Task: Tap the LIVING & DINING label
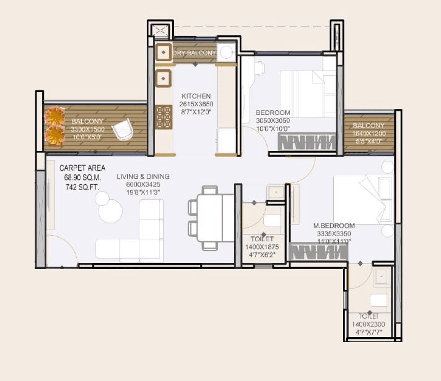point(143,176)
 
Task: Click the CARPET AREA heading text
point(82,168)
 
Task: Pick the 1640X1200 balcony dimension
point(369,133)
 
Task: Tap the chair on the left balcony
point(123,131)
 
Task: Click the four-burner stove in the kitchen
point(164,117)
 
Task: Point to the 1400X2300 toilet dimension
point(369,324)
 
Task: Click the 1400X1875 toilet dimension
point(262,247)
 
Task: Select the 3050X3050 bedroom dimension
point(273,121)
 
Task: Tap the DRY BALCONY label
point(194,53)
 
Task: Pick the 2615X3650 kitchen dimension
point(196,105)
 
